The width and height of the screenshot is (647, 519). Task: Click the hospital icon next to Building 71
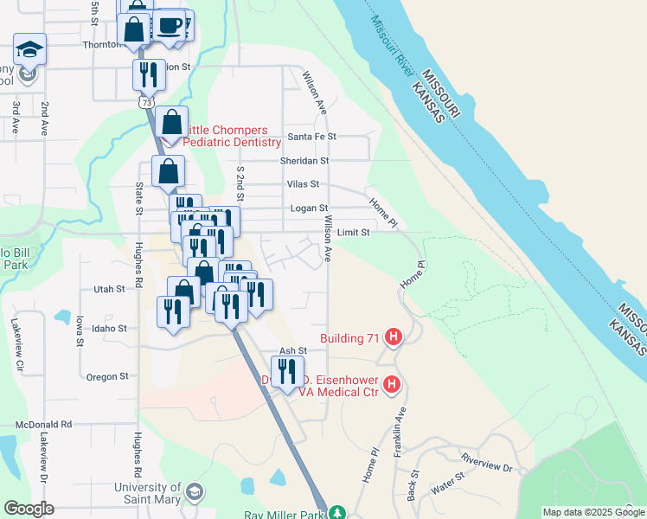[394, 337]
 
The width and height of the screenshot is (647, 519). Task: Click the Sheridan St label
[304, 161]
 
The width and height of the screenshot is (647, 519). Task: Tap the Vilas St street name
[303, 184]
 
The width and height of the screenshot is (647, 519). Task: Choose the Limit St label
[353, 233]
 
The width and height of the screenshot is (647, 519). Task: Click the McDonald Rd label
[43, 425]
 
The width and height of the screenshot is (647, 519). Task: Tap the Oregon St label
[107, 376]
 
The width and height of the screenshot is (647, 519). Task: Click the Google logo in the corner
[29, 509]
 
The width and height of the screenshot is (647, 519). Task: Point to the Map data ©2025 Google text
[593, 512]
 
